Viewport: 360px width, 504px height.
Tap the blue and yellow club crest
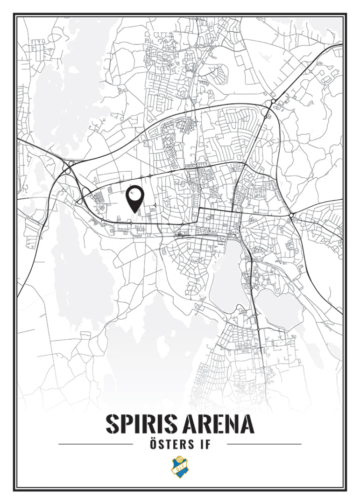[179, 467]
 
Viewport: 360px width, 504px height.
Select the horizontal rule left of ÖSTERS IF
[96, 444]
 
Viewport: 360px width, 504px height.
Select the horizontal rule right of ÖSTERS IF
[264, 444]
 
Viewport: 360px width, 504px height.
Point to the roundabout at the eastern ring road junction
[291, 215]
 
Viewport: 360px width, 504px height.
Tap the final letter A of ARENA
[246, 424]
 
